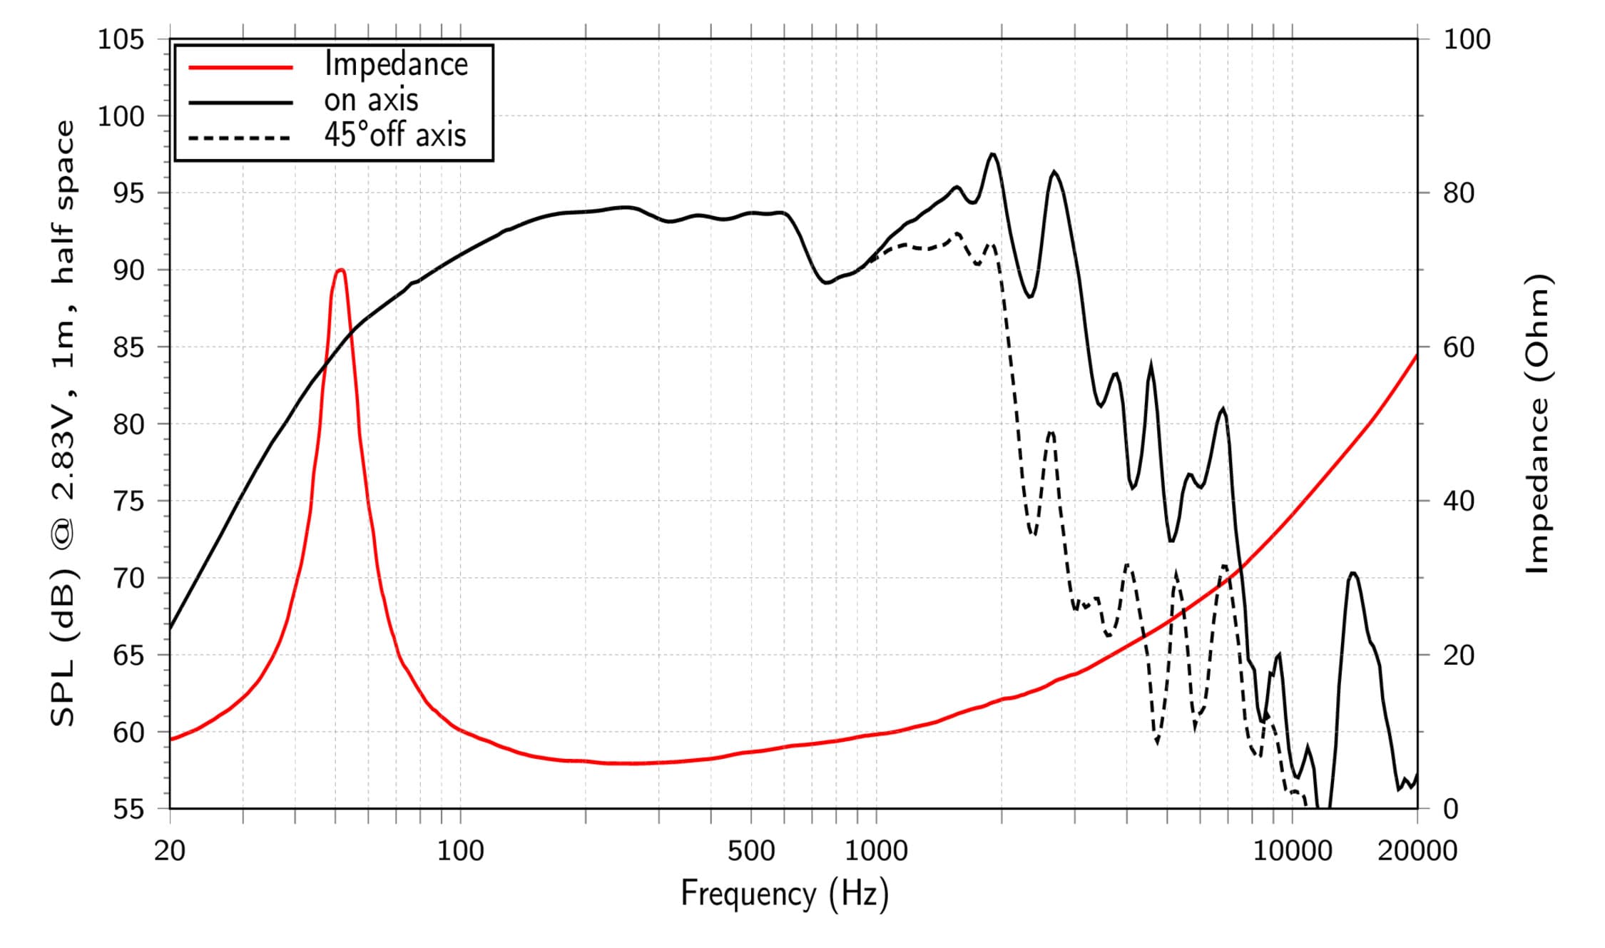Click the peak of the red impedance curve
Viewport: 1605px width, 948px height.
point(341,270)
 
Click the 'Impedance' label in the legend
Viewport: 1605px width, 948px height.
point(396,64)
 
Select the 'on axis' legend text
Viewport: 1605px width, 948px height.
point(371,100)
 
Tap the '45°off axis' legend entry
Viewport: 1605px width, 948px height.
point(394,135)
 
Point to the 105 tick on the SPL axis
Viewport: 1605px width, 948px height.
point(121,39)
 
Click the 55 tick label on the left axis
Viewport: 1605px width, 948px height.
point(128,809)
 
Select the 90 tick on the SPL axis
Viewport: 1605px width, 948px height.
point(128,270)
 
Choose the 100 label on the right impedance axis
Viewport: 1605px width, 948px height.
point(1467,39)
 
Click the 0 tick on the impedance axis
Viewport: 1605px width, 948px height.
point(1451,809)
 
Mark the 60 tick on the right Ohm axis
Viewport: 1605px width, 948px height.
point(1459,347)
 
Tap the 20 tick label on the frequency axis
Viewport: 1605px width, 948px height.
point(170,850)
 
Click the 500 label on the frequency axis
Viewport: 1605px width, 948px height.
point(751,850)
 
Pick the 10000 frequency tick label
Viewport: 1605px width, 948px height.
point(1293,850)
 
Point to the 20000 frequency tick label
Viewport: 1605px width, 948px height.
point(1417,850)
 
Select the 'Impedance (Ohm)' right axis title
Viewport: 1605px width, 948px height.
point(1539,424)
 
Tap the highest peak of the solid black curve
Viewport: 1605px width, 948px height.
point(992,154)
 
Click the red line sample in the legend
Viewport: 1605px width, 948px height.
point(241,68)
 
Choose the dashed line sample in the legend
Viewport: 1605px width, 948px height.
point(241,138)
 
